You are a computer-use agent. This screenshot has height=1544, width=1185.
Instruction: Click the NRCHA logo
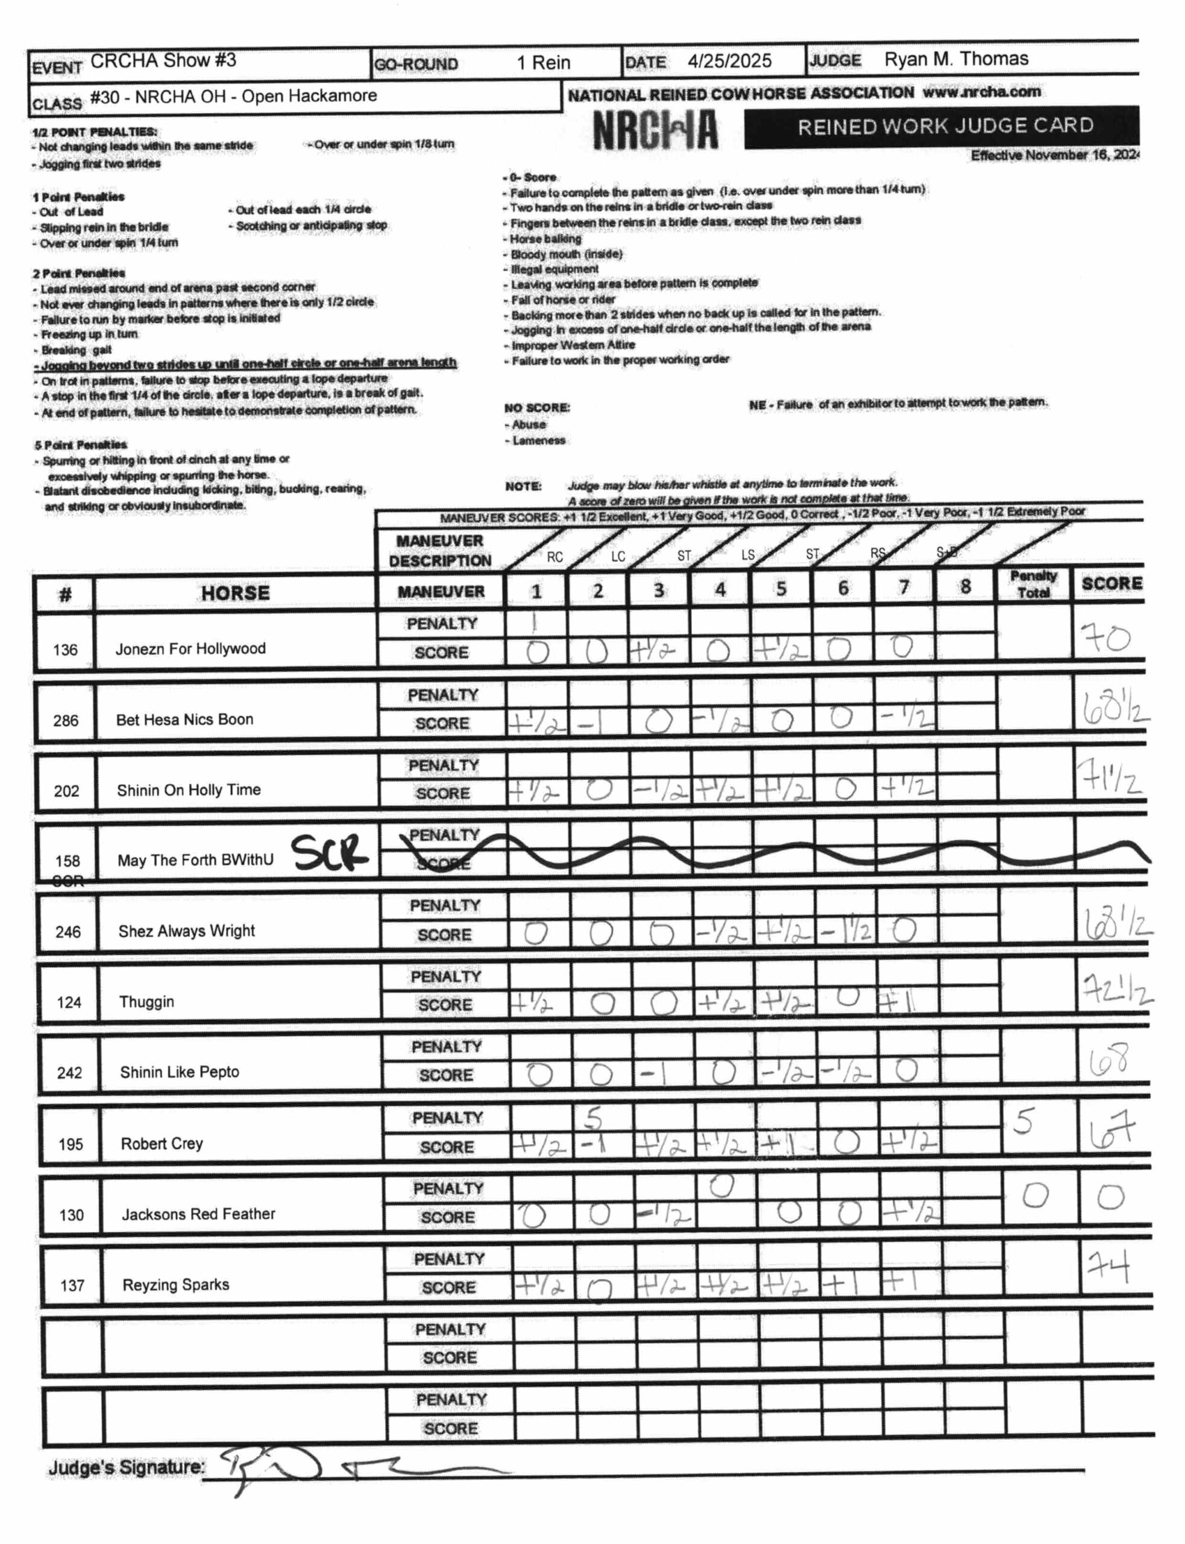(x=655, y=130)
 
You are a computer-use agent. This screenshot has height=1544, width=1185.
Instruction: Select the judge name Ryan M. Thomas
(x=956, y=59)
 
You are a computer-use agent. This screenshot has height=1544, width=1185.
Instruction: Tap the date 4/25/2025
(x=729, y=62)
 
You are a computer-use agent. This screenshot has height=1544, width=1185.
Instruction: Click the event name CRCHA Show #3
(x=163, y=62)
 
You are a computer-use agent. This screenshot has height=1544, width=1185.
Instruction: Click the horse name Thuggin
(x=146, y=1001)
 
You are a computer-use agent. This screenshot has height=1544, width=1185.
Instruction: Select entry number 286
(x=66, y=721)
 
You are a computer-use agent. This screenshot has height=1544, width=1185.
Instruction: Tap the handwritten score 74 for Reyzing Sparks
(x=1109, y=1267)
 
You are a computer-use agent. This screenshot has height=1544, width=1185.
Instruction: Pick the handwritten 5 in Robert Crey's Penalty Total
(x=1023, y=1121)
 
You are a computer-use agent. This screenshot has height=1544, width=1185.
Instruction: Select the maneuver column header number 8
(x=965, y=587)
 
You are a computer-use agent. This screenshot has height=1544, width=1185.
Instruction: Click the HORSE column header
(x=235, y=593)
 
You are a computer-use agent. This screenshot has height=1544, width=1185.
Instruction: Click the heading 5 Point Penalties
(x=80, y=445)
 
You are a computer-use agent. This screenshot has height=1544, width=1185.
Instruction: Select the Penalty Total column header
(x=1033, y=584)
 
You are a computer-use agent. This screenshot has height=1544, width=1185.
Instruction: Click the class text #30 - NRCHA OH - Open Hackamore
(x=233, y=96)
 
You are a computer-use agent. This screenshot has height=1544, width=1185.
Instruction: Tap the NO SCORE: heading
(x=537, y=408)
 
